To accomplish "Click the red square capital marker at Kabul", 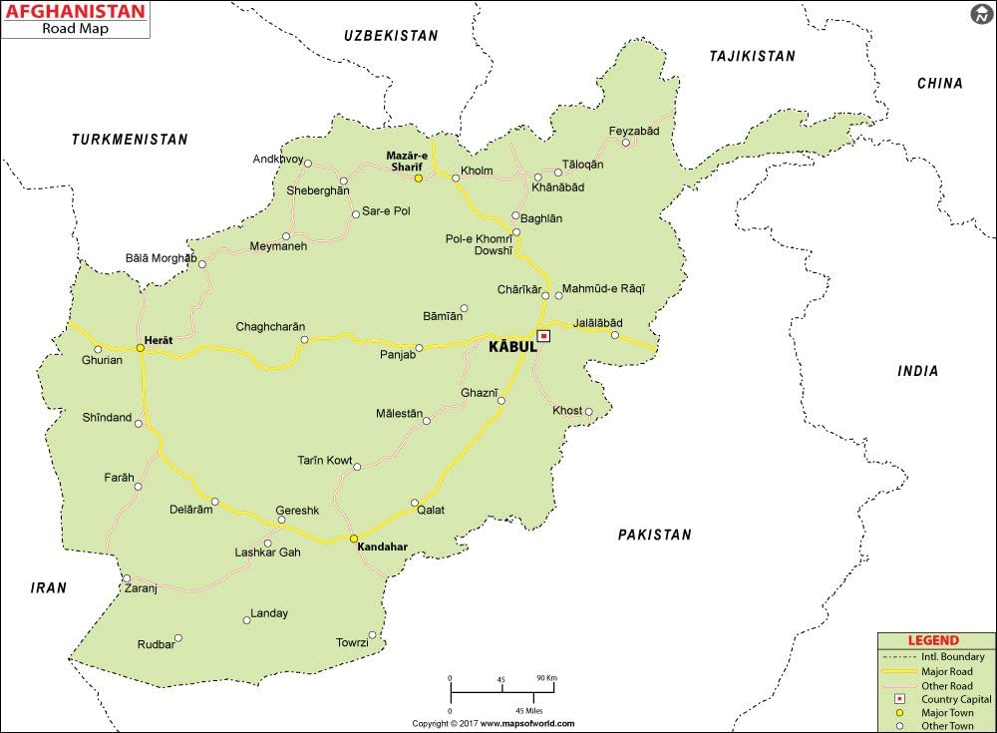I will click(543, 336).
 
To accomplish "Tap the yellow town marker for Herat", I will click(141, 348).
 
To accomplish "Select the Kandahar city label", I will click(383, 548).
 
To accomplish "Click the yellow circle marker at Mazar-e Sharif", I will click(419, 179).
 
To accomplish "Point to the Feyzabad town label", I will click(634, 131).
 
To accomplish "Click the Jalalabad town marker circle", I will click(615, 335).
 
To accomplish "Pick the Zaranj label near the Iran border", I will click(142, 588).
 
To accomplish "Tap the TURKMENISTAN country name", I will click(130, 140).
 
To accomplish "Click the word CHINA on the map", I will click(940, 84).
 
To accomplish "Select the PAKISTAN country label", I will click(654, 535).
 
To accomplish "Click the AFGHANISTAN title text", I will click(75, 13).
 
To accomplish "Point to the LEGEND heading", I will click(933, 640).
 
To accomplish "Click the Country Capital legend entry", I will click(953, 699).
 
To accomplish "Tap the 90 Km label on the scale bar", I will click(546, 677).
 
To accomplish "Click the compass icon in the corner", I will click(981, 14).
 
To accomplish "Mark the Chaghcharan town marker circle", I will click(305, 340).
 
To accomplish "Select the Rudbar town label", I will click(156, 644).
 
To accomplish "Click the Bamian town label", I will click(443, 315).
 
